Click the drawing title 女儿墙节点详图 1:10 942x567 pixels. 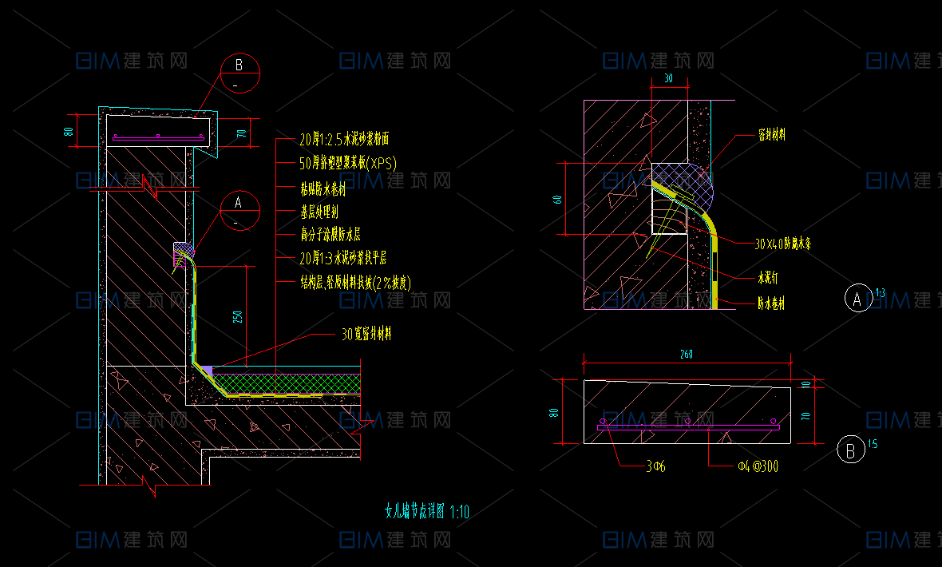[x=427, y=512]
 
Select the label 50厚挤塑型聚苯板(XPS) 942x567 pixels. [x=348, y=164]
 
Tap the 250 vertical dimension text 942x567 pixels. [x=237, y=316]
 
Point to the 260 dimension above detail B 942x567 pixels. [x=687, y=355]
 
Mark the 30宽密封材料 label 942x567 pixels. [x=366, y=335]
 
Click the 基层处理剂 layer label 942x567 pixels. [x=319, y=212]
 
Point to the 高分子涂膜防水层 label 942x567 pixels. [x=330, y=235]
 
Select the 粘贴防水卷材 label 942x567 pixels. [x=323, y=189]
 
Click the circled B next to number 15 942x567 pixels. [x=851, y=451]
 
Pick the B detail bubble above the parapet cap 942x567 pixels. [x=239, y=72]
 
